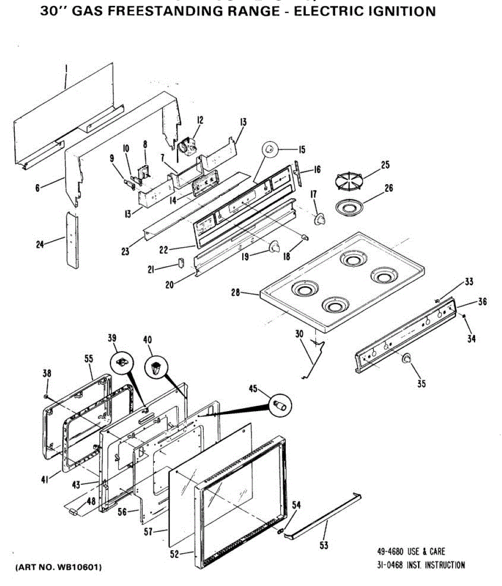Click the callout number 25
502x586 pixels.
click(385, 165)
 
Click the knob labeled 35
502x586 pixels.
click(406, 359)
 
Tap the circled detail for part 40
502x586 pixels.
click(156, 367)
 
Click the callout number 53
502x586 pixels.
click(324, 545)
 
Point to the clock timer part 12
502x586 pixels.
click(187, 145)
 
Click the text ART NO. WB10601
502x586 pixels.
click(59, 567)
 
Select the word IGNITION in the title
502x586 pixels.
click(399, 11)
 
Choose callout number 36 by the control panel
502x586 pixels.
click(482, 302)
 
